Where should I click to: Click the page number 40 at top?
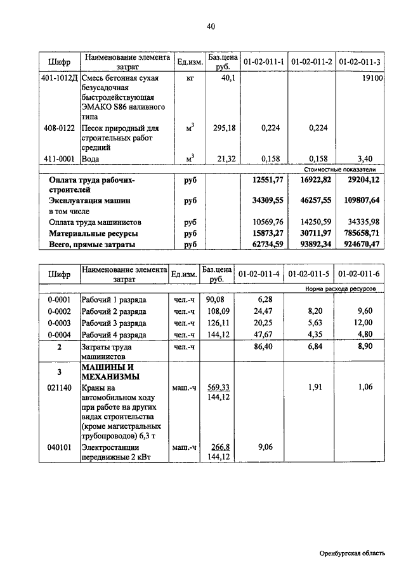211,26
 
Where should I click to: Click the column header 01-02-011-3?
360,62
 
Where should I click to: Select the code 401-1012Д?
58,78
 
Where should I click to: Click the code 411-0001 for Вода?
58,158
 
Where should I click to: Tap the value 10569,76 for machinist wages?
264,222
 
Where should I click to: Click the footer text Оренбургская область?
352,553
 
